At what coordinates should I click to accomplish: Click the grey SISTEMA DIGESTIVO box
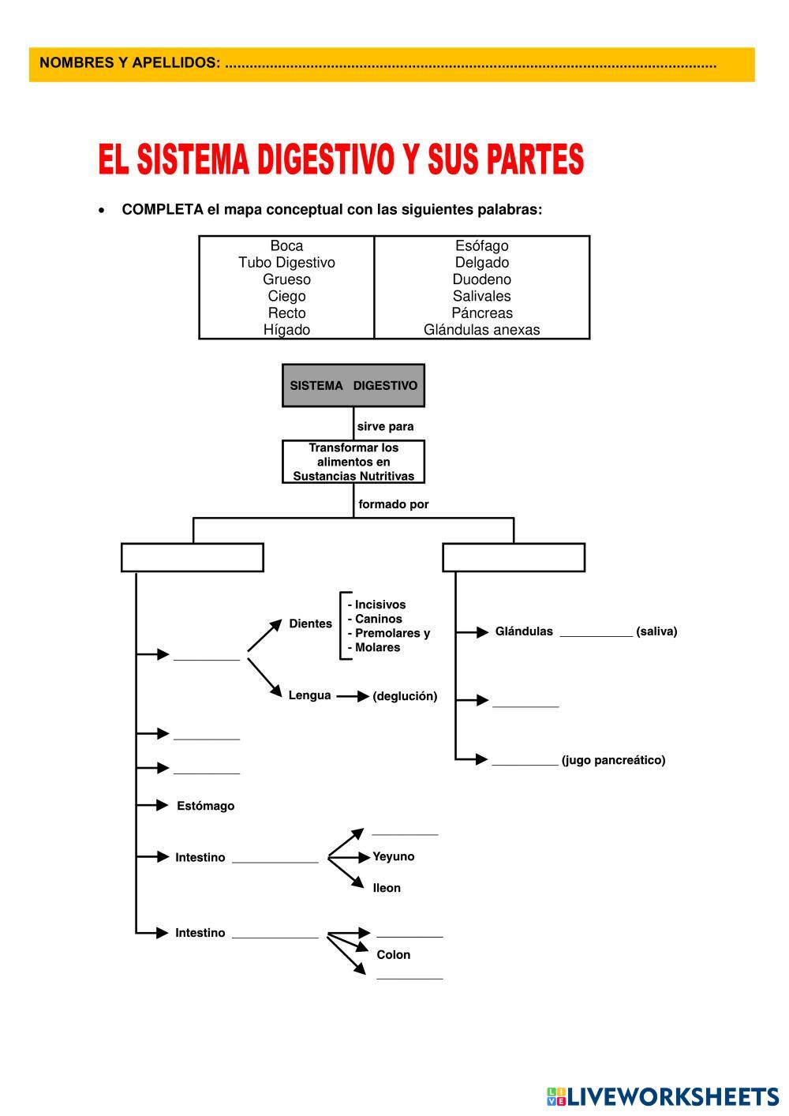353,385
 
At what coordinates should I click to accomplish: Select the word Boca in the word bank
286,245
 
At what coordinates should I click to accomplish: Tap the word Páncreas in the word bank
481,313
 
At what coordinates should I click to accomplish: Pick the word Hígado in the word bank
286,330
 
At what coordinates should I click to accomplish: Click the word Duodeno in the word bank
481,279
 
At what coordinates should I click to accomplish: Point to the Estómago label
205,806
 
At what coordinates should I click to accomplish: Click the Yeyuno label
393,856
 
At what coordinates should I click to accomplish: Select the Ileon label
387,888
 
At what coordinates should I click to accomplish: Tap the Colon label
393,954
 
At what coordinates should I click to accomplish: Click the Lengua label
309,695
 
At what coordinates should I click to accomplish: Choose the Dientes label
310,624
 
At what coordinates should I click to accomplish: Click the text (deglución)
405,696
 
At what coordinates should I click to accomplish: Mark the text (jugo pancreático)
613,760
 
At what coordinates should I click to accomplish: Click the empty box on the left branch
192,557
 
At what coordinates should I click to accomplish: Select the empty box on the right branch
514,557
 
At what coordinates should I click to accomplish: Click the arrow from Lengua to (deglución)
353,696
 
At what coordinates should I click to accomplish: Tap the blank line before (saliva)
596,631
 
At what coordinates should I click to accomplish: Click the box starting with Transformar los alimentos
353,462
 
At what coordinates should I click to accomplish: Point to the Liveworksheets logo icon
555,1096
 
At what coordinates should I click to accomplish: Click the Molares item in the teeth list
376,647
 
